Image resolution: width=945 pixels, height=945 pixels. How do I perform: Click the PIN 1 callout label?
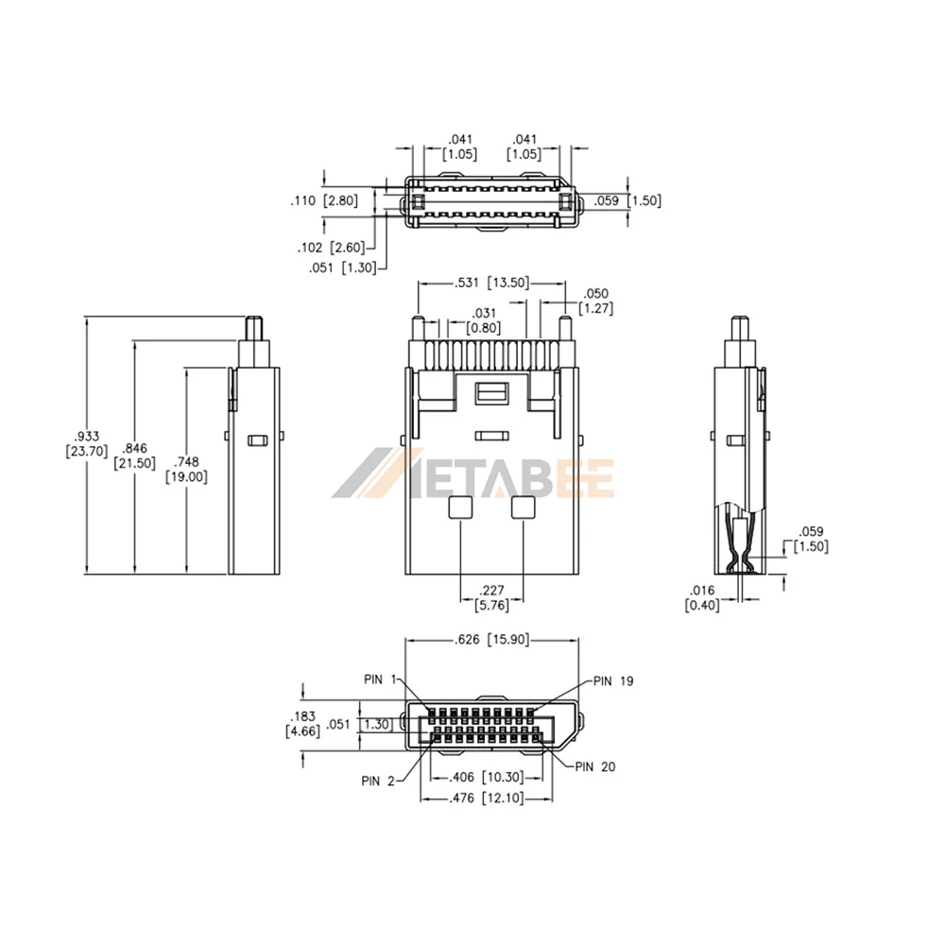(x=380, y=679)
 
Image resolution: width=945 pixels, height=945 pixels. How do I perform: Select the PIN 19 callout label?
(x=613, y=681)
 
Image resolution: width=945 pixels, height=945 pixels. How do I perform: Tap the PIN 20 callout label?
(x=595, y=766)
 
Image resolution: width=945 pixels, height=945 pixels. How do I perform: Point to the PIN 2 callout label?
(x=378, y=782)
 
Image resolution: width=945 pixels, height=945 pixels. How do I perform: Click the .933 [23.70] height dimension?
(x=87, y=443)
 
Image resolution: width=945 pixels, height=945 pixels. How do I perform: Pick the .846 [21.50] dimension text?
(x=134, y=455)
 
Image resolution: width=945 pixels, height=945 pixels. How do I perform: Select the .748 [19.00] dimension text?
(x=186, y=470)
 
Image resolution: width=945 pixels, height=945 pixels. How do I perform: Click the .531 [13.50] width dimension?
(x=491, y=283)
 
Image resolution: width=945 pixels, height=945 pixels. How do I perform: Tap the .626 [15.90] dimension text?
(x=491, y=640)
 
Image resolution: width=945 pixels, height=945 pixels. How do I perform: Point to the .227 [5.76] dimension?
(x=491, y=598)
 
